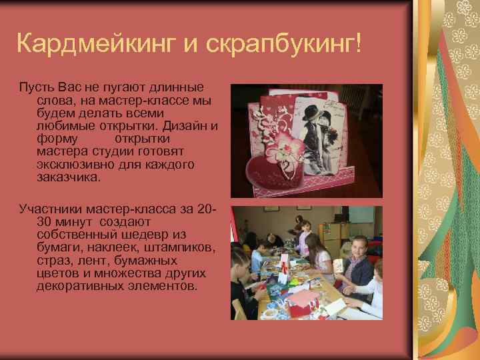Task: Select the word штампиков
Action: (183, 247)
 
